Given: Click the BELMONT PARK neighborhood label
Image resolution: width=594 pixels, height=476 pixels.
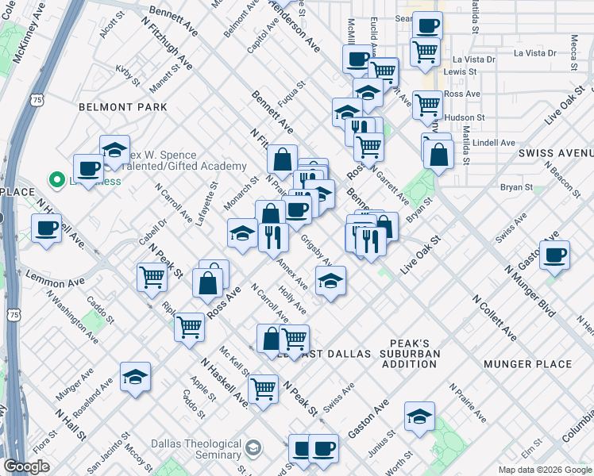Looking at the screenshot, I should (122, 106).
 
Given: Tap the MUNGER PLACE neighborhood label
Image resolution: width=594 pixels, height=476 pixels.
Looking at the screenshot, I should (527, 364).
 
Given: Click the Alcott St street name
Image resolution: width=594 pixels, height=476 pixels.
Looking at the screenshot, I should (108, 29).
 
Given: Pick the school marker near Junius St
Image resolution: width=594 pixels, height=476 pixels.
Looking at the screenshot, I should (419, 416).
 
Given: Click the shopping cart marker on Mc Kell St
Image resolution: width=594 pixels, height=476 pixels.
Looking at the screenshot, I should (262, 388).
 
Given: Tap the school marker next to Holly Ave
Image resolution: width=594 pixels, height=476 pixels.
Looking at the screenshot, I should (330, 279).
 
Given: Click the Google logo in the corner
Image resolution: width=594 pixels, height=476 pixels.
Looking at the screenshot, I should (26, 467).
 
